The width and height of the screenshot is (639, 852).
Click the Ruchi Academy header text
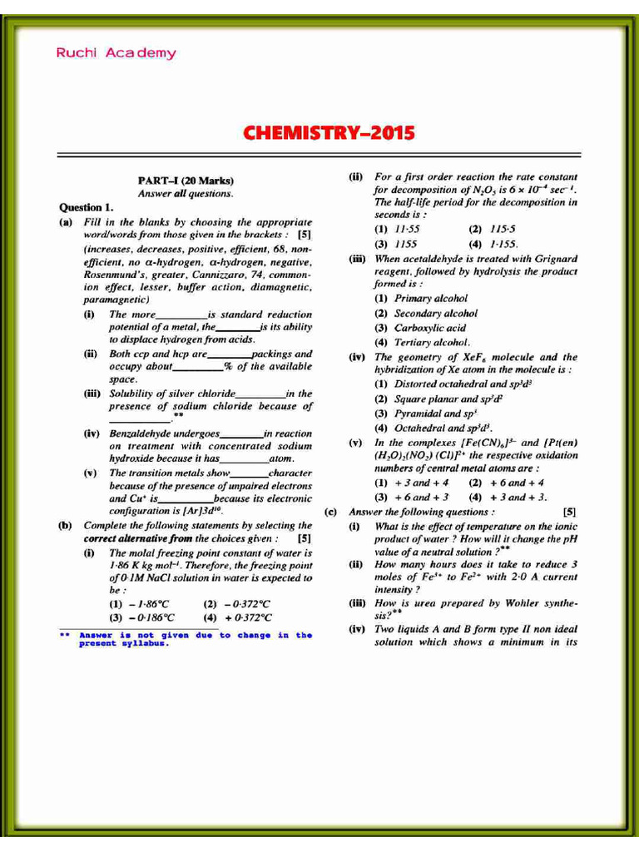point(116,53)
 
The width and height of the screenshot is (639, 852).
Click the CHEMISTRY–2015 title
point(328,133)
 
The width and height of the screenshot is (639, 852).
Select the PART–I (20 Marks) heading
point(186,181)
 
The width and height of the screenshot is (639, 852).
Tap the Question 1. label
point(86,207)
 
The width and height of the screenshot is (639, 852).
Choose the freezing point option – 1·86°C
point(141,603)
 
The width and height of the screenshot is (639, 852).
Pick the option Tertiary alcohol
point(424,342)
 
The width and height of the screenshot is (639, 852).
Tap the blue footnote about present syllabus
point(186,639)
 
